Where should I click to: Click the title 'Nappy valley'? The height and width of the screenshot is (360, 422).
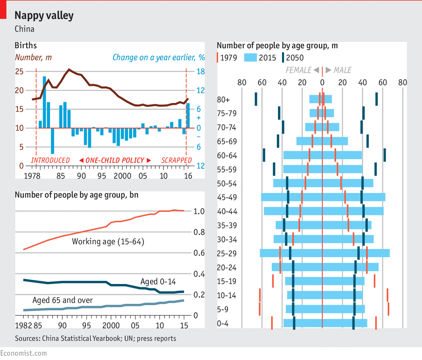point(44,16)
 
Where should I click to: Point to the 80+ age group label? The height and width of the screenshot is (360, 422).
point(223,100)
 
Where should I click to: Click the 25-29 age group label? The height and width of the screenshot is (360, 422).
point(226,253)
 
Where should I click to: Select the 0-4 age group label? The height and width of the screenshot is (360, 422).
point(223,323)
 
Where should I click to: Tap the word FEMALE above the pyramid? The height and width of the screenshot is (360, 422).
point(298,70)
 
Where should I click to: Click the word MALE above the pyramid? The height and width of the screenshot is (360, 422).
point(342,70)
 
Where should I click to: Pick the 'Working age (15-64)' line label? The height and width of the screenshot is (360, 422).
point(108,242)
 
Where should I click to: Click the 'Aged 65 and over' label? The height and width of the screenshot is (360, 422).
point(62,300)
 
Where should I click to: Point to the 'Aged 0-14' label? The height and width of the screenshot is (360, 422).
point(158,282)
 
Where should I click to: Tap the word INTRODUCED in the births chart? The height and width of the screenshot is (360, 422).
point(50,160)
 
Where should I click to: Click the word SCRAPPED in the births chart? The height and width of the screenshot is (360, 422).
point(176,160)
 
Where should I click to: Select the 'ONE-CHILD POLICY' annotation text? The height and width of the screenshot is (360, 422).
point(115,160)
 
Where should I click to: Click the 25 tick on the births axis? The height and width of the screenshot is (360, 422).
point(19,72)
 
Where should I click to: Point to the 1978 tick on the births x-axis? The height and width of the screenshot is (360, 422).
point(32,176)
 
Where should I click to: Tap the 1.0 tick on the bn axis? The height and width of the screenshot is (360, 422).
point(199,211)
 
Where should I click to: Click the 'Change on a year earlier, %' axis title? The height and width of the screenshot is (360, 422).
point(159,58)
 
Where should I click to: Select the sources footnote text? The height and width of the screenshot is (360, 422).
point(95,338)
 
